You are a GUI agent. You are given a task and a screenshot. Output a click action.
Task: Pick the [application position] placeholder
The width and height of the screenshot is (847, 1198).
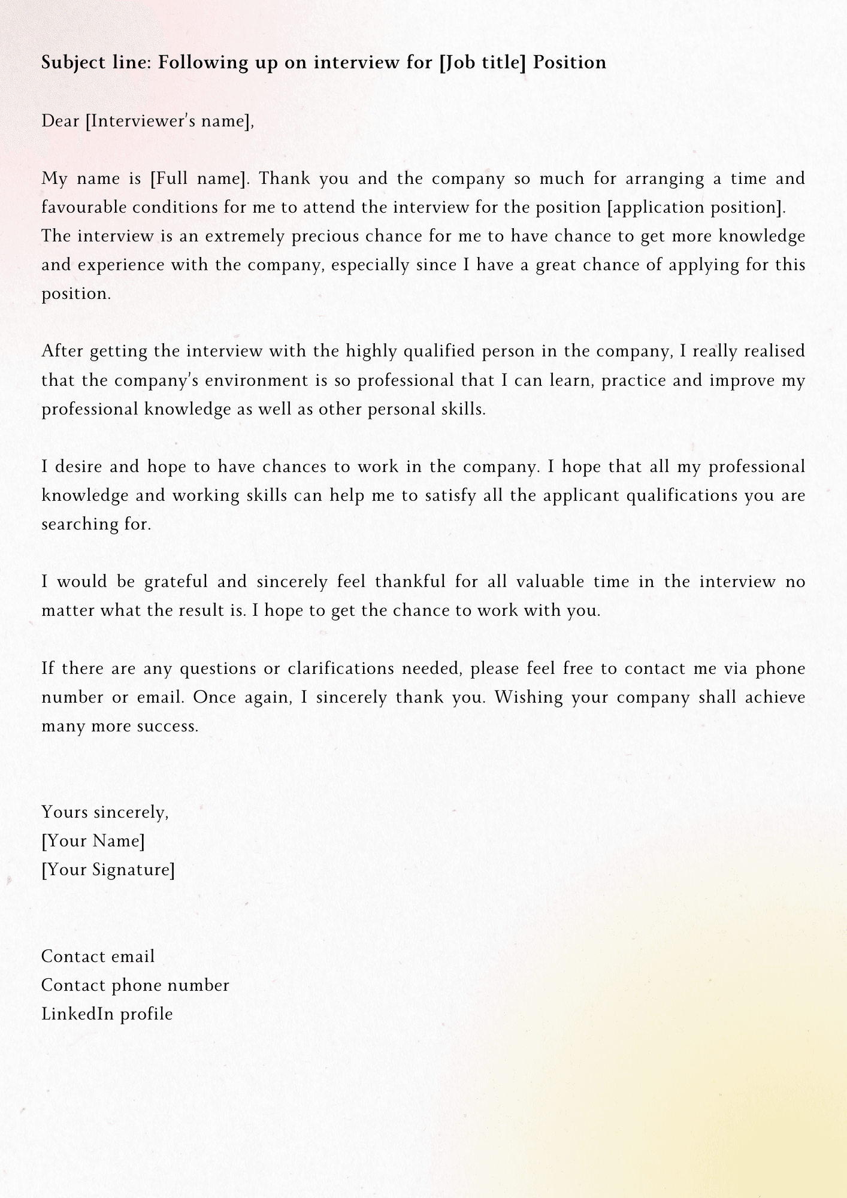pyautogui.click(x=695, y=207)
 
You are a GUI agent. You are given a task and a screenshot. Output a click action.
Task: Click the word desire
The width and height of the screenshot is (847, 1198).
pyautogui.click(x=78, y=467)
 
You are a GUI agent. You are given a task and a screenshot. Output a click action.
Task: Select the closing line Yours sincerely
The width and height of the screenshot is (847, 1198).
pyautogui.click(x=105, y=812)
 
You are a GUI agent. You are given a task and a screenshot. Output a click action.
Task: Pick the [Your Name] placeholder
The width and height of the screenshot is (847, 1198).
pyautogui.click(x=93, y=841)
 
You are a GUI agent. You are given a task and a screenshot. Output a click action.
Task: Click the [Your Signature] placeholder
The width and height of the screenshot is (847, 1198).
pyautogui.click(x=108, y=870)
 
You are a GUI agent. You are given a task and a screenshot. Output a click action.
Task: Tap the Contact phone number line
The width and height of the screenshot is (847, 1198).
pyautogui.click(x=135, y=985)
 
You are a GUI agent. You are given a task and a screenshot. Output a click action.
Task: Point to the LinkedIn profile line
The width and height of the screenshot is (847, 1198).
pyautogui.click(x=107, y=1014)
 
